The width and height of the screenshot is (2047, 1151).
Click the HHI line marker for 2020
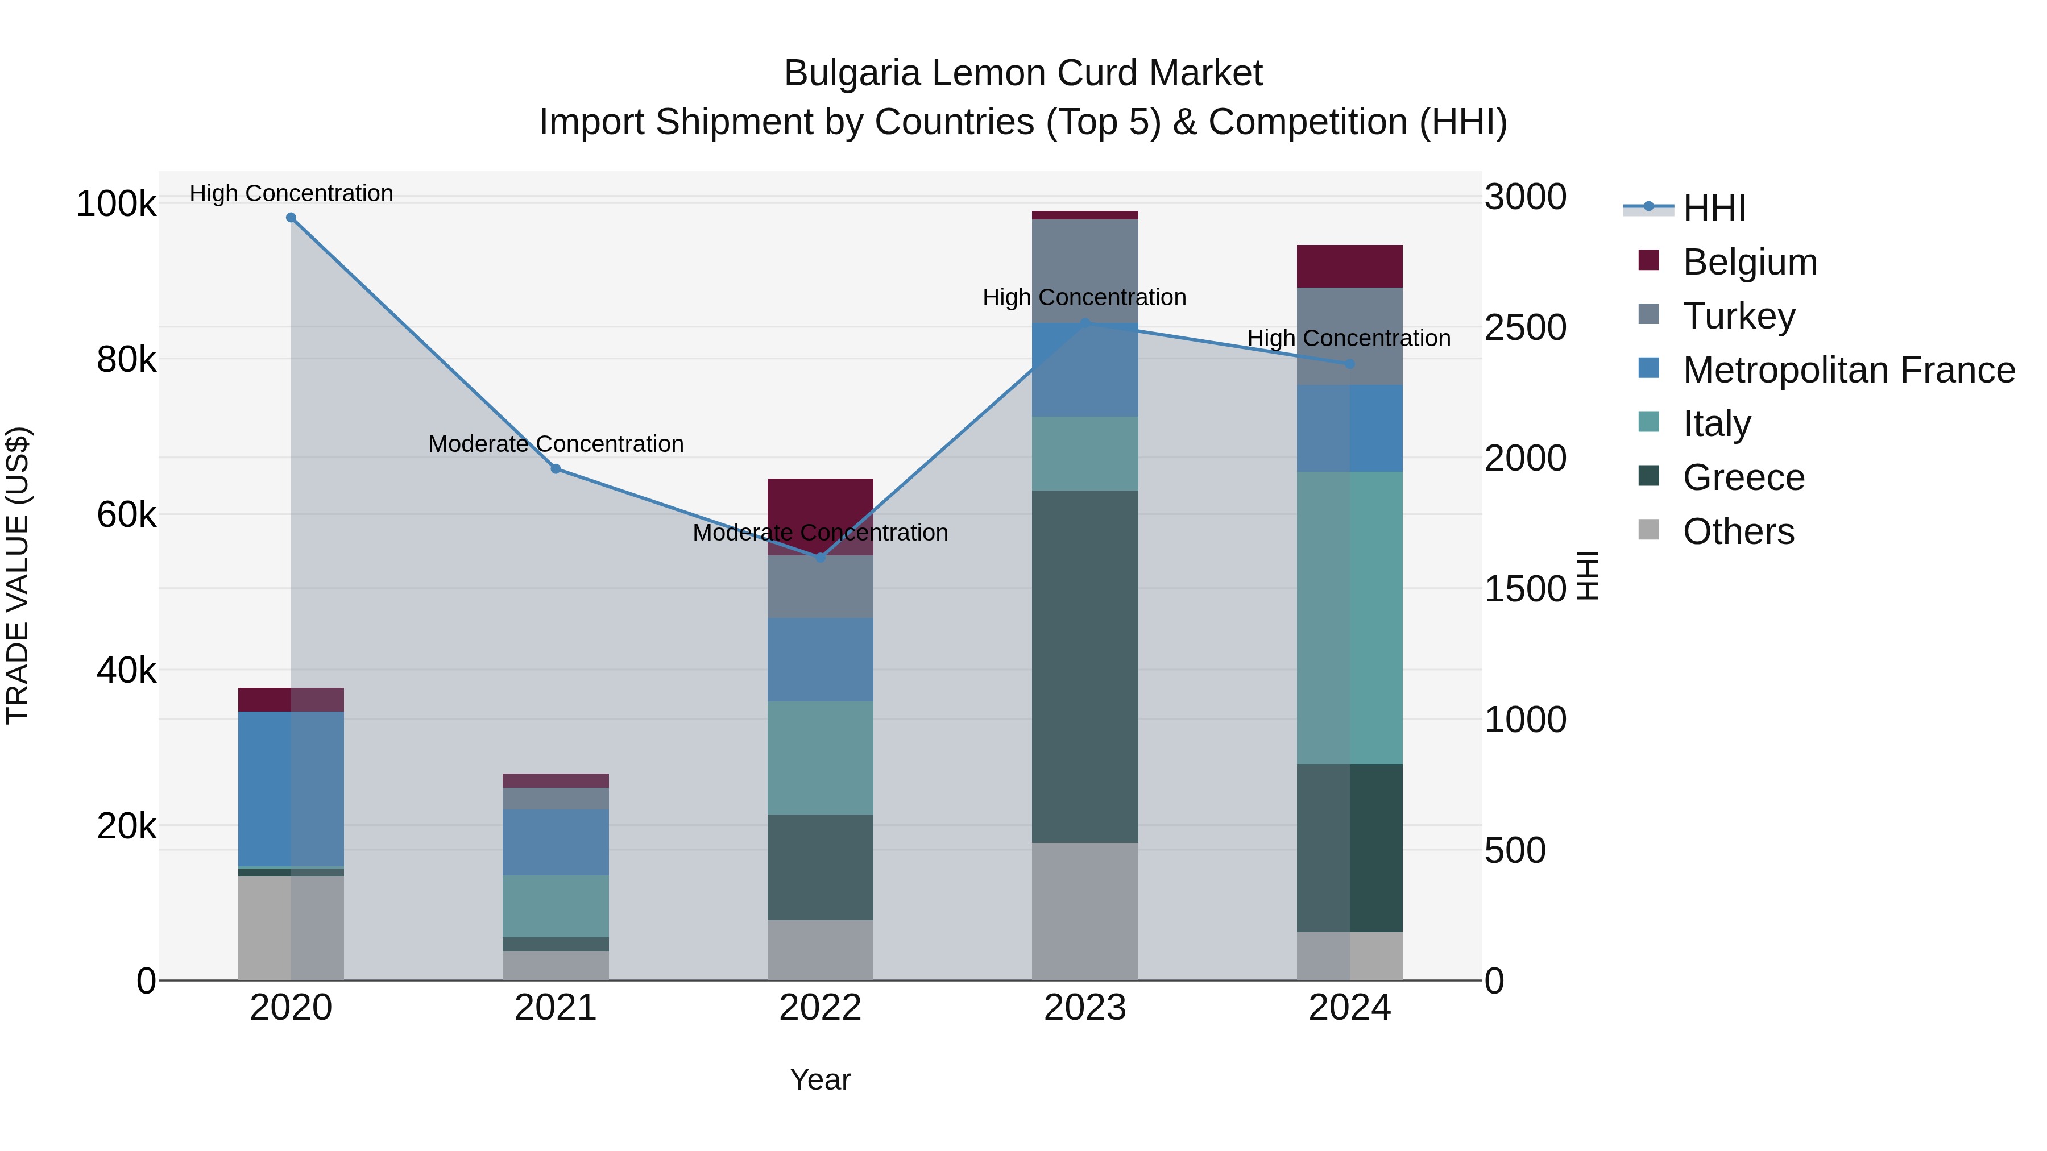click(291, 218)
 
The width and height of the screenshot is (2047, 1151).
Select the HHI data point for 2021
click(556, 469)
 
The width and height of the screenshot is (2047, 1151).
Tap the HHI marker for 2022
click(820, 558)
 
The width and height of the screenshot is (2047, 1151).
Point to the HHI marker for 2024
click(1349, 364)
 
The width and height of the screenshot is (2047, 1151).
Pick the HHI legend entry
click(1713, 208)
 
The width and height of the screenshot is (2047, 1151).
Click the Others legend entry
click(1738, 531)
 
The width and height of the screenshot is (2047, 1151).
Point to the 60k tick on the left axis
click(126, 515)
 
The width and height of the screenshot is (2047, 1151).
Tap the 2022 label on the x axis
click(820, 1008)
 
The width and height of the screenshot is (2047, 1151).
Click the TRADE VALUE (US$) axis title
click(18, 575)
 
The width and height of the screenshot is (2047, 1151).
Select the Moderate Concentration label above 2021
click(556, 444)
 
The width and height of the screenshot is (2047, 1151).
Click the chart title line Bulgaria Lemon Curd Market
click(1023, 73)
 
